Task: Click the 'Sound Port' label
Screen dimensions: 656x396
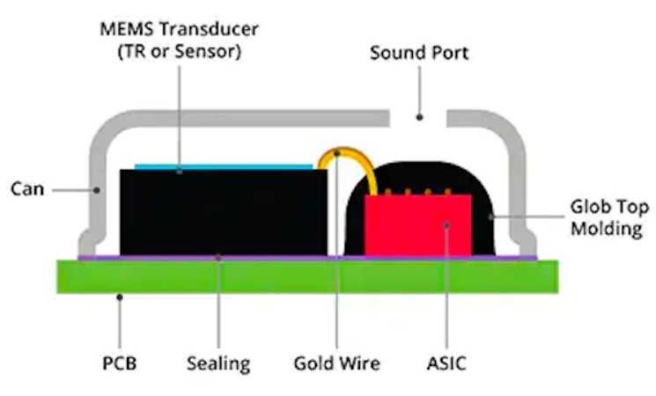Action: click(x=419, y=53)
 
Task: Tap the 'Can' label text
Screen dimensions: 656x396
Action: click(x=27, y=189)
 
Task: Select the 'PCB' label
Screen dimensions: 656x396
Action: click(x=120, y=363)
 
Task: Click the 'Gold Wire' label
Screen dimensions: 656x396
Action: click(x=337, y=363)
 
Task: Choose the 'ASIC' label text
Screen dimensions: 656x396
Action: click(x=446, y=363)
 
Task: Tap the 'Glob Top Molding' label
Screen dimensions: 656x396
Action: click(x=609, y=218)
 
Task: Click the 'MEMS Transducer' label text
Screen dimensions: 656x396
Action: click(x=179, y=29)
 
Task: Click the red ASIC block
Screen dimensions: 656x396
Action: click(x=418, y=224)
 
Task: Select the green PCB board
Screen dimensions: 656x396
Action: click(x=307, y=276)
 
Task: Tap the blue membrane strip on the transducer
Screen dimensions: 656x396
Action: click(x=224, y=166)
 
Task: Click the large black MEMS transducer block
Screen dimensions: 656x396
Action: click(x=224, y=212)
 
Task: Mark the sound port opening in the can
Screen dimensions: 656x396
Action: click(x=418, y=118)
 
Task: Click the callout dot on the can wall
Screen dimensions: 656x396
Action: click(x=97, y=190)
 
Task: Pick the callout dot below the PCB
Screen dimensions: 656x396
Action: click(x=120, y=297)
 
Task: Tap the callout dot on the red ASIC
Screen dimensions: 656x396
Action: click(x=446, y=225)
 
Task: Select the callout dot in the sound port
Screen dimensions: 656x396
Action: click(x=420, y=118)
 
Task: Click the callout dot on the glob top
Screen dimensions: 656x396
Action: click(x=491, y=216)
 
